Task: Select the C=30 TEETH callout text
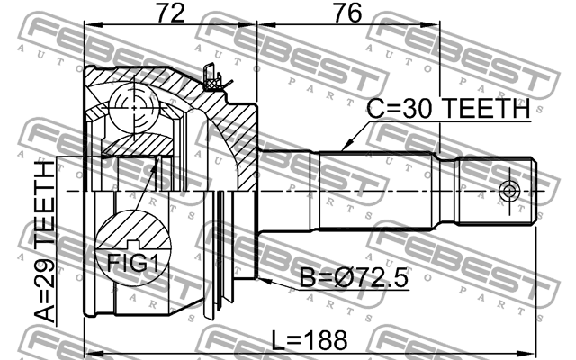448,108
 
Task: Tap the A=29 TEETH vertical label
45,242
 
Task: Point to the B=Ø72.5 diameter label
354,277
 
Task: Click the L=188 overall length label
310,340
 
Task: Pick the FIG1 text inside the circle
133,263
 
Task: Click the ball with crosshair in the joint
134,108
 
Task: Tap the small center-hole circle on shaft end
509,191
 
